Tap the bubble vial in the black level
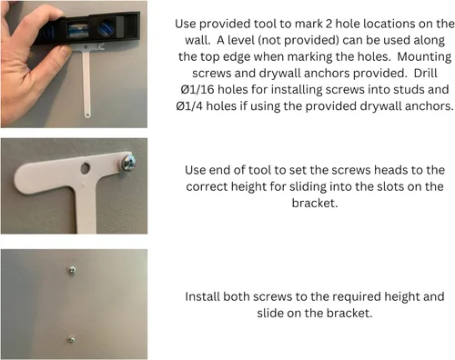77,31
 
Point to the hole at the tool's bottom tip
87,115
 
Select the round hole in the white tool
86,168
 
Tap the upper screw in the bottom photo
72,270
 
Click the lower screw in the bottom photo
71,339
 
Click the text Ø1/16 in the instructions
197,90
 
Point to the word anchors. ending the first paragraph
429,106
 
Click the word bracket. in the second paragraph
315,203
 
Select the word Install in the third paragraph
202,296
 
